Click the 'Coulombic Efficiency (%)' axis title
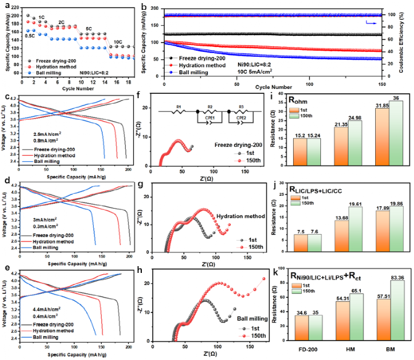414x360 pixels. click(x=408, y=41)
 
